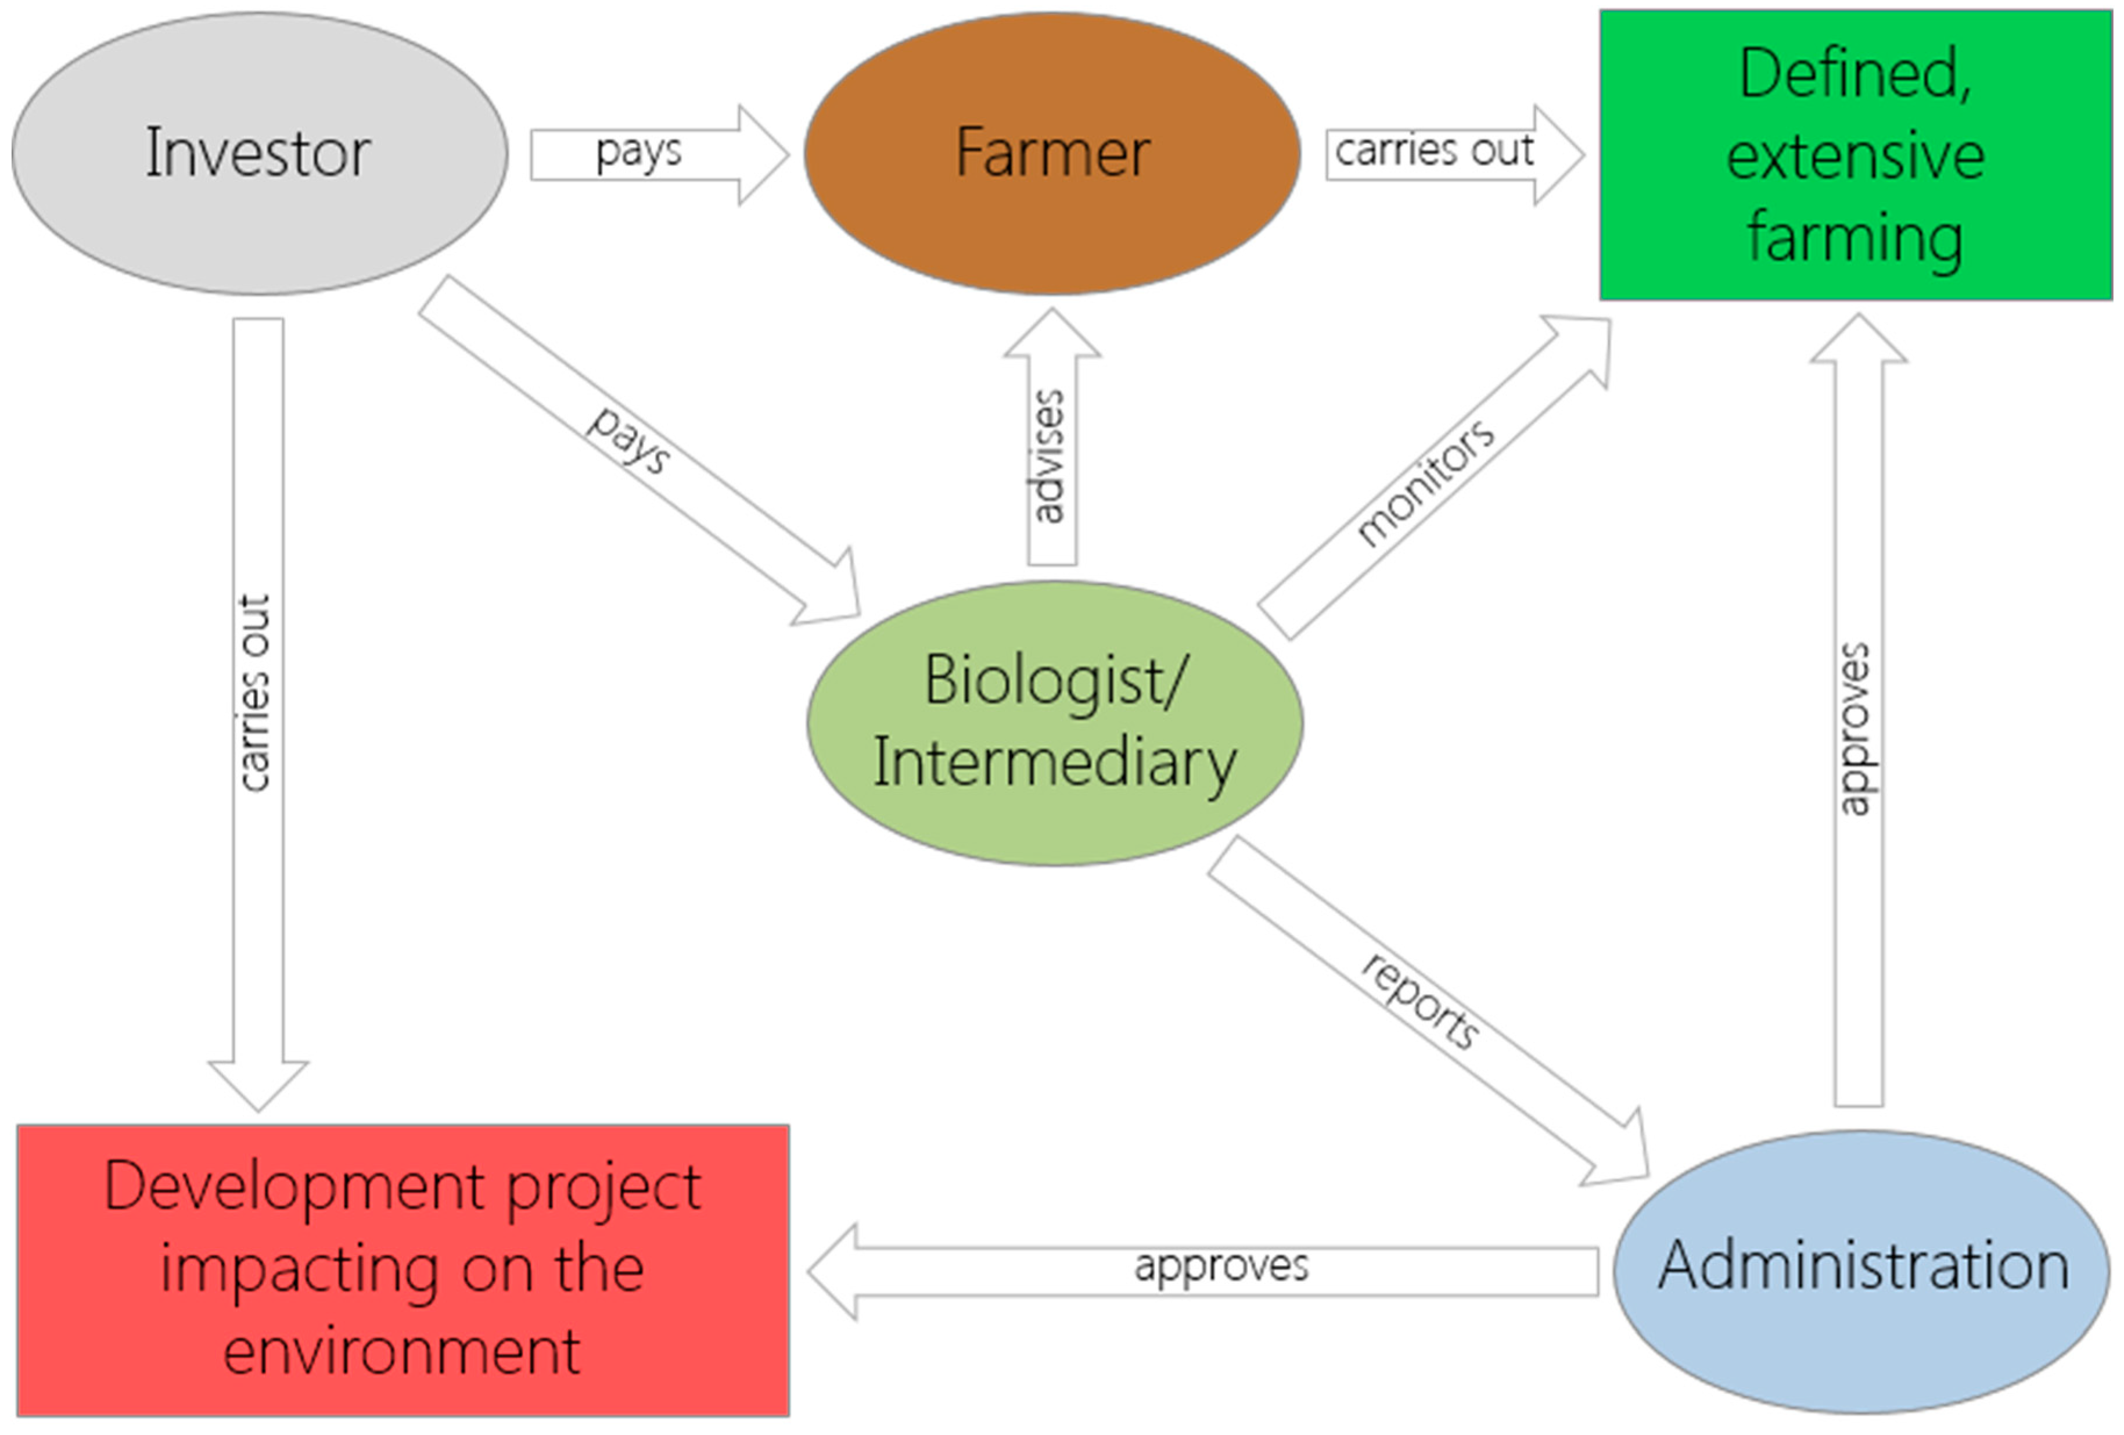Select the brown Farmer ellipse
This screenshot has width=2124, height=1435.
(x=1052, y=153)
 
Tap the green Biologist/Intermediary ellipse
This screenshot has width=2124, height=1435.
(x=1055, y=722)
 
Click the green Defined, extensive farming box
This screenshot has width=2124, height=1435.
(x=1855, y=155)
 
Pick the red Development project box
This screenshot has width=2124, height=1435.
(x=403, y=1271)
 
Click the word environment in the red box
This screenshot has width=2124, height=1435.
(x=402, y=1351)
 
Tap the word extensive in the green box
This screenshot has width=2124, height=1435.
(x=1855, y=155)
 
